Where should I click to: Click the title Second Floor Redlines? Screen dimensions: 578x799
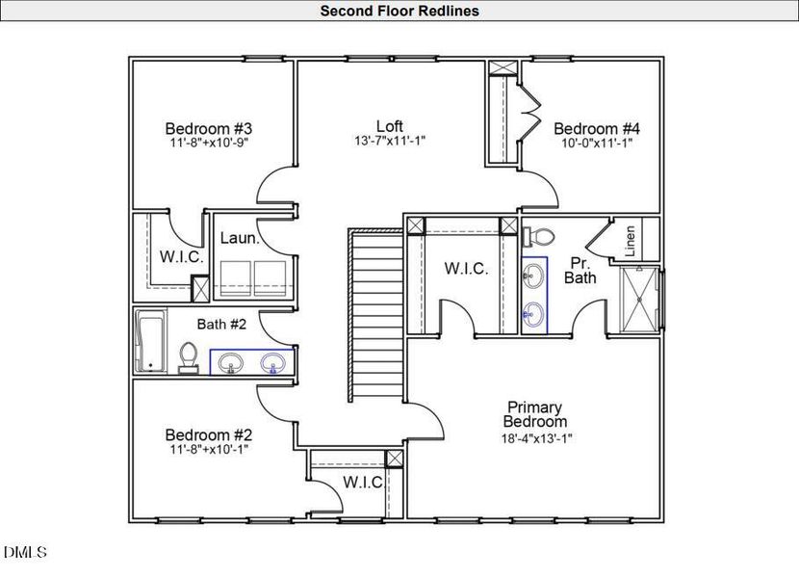click(399, 12)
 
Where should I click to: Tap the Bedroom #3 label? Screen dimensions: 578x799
click(208, 129)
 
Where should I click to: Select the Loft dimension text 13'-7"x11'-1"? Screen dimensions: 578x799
click(390, 141)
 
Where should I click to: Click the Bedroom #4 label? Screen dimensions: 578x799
click(597, 129)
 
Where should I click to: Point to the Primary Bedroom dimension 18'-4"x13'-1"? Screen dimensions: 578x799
click(536, 437)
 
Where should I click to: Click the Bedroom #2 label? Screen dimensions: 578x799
click(208, 434)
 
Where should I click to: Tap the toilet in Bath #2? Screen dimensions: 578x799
click(189, 356)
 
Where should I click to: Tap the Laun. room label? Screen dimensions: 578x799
click(239, 239)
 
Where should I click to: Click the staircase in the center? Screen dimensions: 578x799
click(375, 318)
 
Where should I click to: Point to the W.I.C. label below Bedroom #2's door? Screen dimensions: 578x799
click(363, 482)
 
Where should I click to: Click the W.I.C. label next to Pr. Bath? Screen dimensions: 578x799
click(466, 269)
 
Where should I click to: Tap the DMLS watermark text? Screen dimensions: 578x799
click(24, 552)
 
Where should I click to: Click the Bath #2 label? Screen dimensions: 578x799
click(222, 325)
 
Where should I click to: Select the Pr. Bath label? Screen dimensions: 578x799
click(580, 270)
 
